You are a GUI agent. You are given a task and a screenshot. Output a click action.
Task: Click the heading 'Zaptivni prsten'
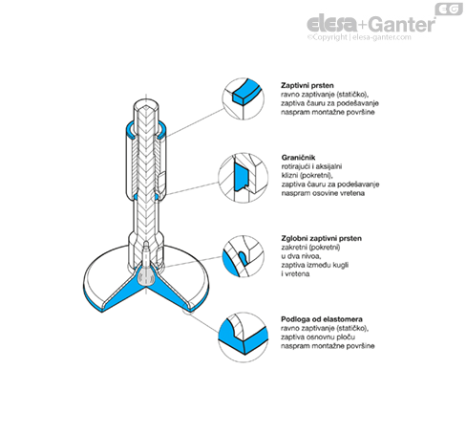tap(307, 85)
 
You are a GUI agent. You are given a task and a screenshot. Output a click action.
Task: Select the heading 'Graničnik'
tap(298, 158)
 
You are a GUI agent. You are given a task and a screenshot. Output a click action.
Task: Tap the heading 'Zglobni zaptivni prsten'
tap(321, 238)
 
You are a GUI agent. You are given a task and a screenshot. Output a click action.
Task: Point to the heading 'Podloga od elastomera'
tap(322, 319)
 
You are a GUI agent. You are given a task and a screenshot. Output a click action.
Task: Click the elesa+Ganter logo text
tap(371, 24)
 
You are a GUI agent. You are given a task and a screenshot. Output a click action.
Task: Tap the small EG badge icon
tap(449, 10)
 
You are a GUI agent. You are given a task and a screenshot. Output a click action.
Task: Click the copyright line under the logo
tap(359, 37)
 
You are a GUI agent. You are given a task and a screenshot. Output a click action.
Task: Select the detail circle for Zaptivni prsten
tap(244, 98)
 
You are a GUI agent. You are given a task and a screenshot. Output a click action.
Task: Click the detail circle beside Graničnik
tap(244, 178)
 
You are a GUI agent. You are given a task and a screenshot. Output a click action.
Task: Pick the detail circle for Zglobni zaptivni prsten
tap(244, 256)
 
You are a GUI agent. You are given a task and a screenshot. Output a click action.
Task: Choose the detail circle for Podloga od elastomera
tap(244, 337)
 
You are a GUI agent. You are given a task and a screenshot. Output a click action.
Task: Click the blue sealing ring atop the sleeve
tap(129, 131)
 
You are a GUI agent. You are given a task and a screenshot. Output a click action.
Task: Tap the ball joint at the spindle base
tap(146, 276)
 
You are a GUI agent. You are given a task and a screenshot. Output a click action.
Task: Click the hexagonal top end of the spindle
tap(146, 105)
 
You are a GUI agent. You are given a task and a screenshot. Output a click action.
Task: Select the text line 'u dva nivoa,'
tap(301, 256)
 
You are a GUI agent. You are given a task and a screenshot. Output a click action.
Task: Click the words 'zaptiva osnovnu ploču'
tap(318, 337)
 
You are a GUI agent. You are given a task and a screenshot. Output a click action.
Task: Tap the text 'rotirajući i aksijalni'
tap(311, 166)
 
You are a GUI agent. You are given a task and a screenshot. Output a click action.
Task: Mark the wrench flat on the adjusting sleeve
tap(161, 181)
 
